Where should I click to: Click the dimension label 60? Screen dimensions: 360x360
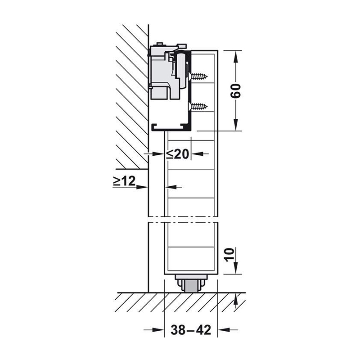click(236, 91)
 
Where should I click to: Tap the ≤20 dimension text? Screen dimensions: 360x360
click(177, 154)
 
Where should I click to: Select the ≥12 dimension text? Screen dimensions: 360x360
click(124, 181)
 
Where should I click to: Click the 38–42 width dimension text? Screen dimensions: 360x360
click(191, 330)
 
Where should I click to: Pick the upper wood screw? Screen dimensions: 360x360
click(198, 76)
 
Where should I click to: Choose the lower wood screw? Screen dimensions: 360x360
click(198, 106)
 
